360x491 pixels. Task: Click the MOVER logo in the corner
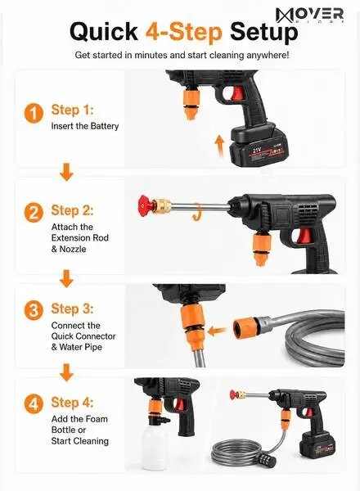click(309, 15)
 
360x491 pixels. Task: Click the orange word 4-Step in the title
click(184, 32)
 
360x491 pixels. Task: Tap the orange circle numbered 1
click(34, 114)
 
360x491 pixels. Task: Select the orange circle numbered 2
click(34, 213)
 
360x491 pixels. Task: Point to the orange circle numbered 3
click(34, 310)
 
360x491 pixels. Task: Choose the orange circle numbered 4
click(34, 404)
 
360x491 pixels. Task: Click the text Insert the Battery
click(85, 126)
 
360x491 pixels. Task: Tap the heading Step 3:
click(72, 309)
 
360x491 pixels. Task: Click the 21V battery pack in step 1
click(259, 145)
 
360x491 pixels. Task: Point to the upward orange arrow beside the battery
click(220, 146)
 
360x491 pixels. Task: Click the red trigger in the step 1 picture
click(237, 93)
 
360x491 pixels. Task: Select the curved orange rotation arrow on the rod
click(197, 212)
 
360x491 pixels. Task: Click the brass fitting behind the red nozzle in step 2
click(163, 205)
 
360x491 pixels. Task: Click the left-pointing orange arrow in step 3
click(218, 331)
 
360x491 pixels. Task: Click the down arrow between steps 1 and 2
click(66, 172)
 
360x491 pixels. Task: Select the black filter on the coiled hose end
click(268, 460)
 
